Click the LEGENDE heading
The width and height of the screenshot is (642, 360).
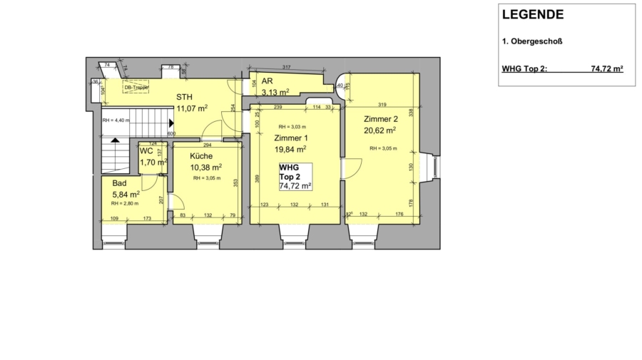[x=533, y=14]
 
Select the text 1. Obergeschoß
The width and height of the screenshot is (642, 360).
[x=533, y=41]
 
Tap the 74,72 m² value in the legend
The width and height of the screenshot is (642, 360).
[x=607, y=69]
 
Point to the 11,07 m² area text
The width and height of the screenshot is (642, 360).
[x=191, y=108]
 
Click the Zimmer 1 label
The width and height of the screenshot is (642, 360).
[x=290, y=138]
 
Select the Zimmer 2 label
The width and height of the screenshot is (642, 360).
[x=379, y=118]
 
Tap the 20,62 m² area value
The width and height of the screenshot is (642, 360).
[x=379, y=130]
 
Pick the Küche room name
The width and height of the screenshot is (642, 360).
[x=200, y=156]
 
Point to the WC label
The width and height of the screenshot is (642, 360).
[x=146, y=151]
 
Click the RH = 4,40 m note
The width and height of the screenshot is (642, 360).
[x=116, y=120]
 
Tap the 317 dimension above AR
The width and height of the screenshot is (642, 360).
[x=286, y=67]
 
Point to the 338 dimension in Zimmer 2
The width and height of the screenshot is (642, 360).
[x=412, y=112]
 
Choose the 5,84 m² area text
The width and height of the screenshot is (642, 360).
[x=125, y=194]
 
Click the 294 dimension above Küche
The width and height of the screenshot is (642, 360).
[x=207, y=144]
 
